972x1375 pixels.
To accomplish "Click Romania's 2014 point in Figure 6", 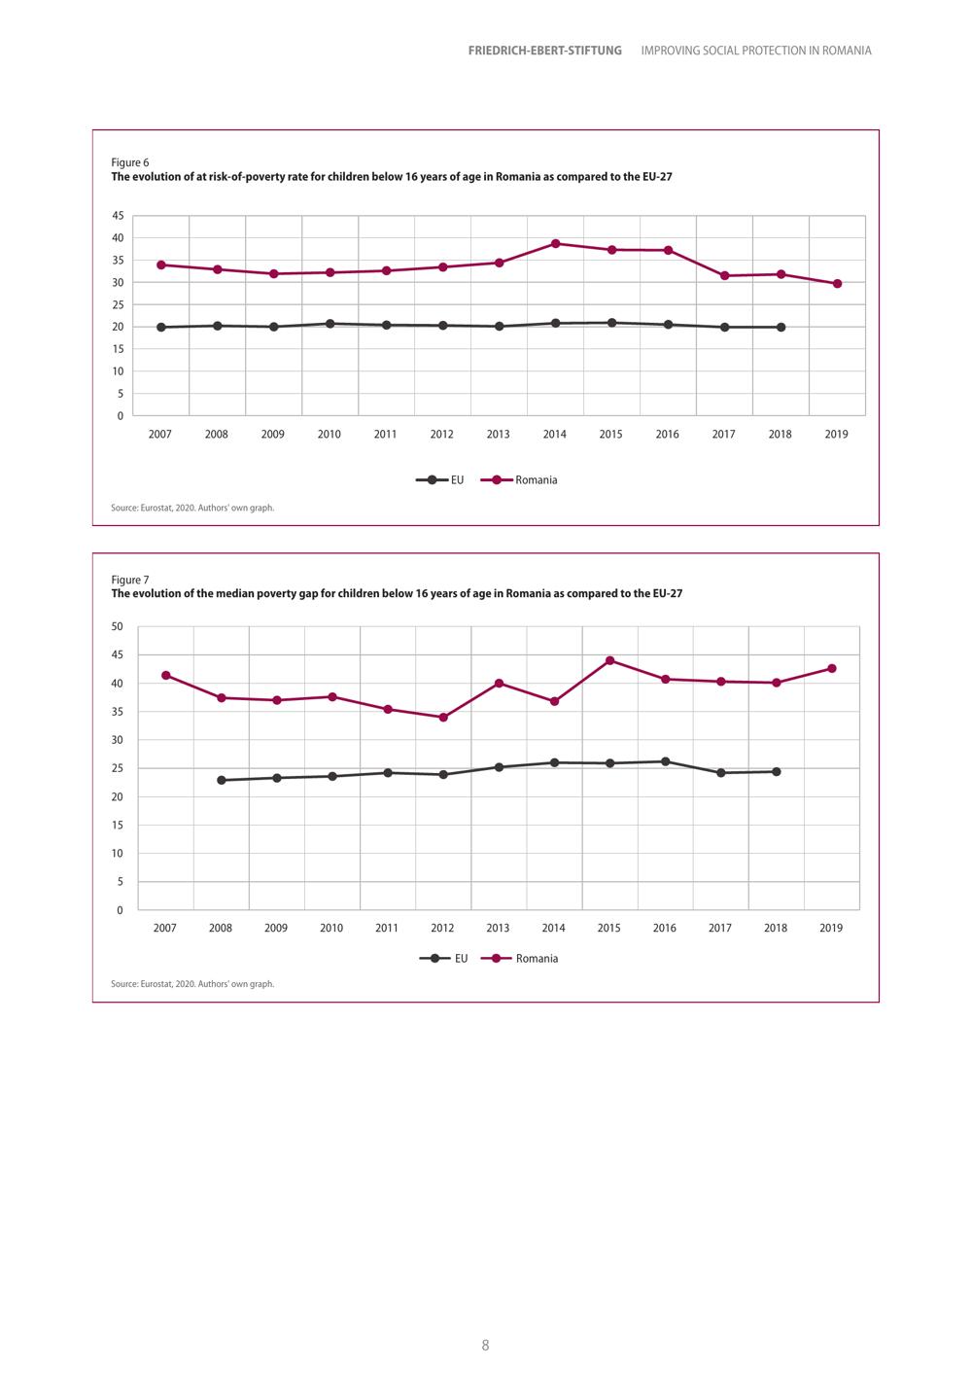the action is tap(555, 244).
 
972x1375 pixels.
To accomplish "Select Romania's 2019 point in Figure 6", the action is tap(837, 284).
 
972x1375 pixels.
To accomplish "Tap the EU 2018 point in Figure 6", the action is tap(781, 327).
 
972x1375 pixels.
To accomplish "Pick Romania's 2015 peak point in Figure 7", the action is tap(610, 660).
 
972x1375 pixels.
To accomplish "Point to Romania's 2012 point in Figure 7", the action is tap(443, 717).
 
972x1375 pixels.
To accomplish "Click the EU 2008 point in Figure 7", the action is tap(222, 780).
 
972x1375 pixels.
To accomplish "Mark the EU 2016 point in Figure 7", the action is tap(665, 761).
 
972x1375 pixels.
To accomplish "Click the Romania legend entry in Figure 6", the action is tap(519, 480).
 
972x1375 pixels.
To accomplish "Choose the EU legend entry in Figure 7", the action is tap(443, 958).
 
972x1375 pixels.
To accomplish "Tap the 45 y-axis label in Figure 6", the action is tap(118, 216).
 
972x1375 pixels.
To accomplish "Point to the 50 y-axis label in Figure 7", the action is tap(118, 627).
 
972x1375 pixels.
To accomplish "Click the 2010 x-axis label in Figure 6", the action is tap(329, 434).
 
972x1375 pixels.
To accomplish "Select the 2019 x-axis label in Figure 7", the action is tap(831, 928).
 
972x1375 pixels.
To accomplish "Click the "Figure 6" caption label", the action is tap(130, 162).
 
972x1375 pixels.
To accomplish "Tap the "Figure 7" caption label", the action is tap(130, 580).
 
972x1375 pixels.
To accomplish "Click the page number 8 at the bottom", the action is tap(485, 1346).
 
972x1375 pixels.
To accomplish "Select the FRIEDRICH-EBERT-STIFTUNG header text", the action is tap(545, 51).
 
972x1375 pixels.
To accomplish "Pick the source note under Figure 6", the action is tap(192, 508).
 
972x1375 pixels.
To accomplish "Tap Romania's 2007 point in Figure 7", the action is tap(165, 675).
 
